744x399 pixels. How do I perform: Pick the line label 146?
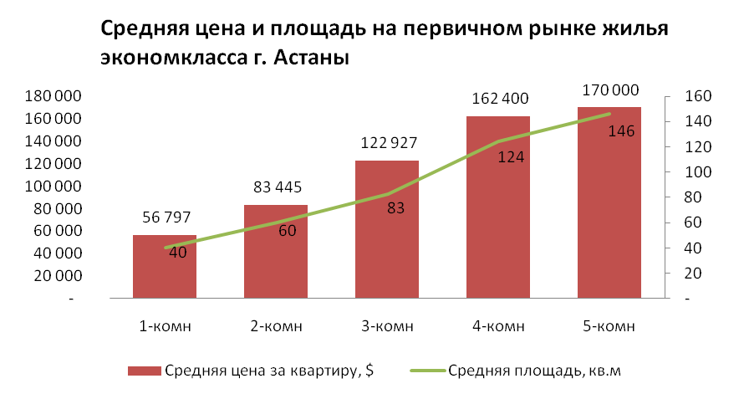619,130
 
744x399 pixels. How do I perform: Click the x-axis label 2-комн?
276,325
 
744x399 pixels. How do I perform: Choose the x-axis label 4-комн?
498,325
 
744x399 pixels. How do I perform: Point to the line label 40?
177,253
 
